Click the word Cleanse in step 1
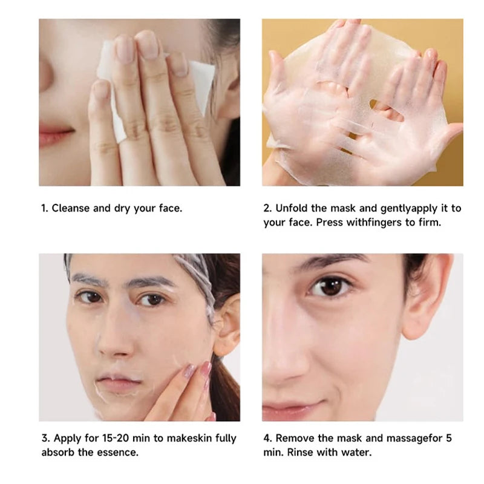click(71, 208)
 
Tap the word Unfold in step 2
click(292, 208)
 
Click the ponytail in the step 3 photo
click(224, 387)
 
